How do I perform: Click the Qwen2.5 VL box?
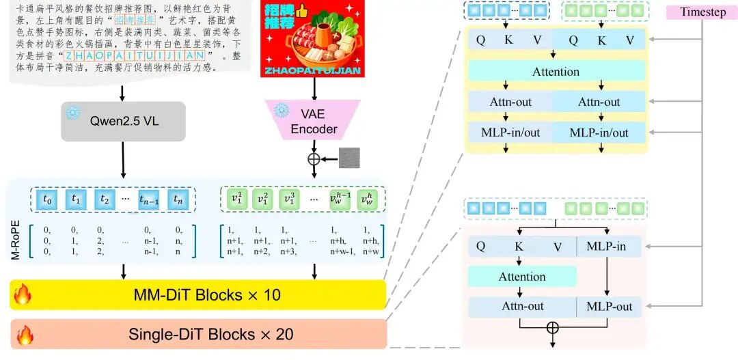click(x=123, y=122)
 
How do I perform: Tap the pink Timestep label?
click(x=702, y=12)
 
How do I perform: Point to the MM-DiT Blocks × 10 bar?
click(x=198, y=295)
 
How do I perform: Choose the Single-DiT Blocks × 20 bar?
click(x=198, y=334)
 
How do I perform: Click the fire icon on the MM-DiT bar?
click(x=23, y=295)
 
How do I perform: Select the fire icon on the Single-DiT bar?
click(x=25, y=335)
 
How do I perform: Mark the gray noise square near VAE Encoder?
click(x=348, y=158)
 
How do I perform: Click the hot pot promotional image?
click(x=312, y=40)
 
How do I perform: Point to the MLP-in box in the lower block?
click(x=608, y=247)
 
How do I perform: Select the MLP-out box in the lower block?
click(x=608, y=307)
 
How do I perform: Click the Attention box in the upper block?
click(x=556, y=72)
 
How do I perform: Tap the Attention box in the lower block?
click(x=522, y=277)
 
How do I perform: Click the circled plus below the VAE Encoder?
click(x=314, y=158)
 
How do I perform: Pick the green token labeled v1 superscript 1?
click(x=236, y=199)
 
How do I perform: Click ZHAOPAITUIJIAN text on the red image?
click(x=312, y=69)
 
